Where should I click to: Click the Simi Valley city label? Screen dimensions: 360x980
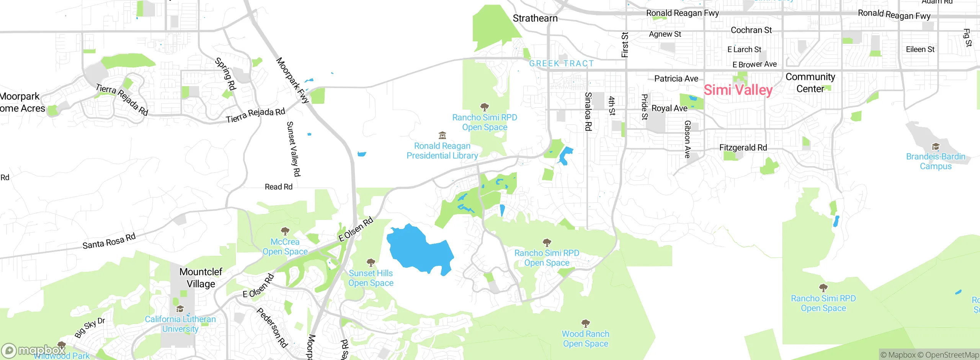click(738, 90)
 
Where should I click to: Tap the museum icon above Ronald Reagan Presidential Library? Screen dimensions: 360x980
click(442, 136)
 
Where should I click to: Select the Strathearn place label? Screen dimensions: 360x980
click(535, 18)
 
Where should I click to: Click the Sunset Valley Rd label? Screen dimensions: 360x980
click(293, 149)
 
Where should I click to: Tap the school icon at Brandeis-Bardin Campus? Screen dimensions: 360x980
click(936, 147)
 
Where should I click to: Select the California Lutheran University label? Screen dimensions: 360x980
click(180, 324)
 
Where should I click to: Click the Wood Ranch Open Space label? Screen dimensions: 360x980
click(585, 339)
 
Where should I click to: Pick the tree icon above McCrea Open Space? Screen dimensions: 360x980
click(285, 231)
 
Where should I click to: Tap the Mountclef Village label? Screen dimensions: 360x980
click(201, 278)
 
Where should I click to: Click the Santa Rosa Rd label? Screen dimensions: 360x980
click(109, 241)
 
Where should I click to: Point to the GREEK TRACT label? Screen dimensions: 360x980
click(561, 64)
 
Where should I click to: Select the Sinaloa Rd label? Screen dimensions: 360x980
click(588, 111)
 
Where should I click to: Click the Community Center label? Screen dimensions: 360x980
click(810, 83)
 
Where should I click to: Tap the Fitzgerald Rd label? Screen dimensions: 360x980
click(743, 147)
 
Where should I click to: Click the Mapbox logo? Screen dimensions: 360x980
click(34, 350)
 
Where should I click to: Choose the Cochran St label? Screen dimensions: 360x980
click(751, 30)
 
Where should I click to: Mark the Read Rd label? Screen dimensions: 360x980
click(278, 187)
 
